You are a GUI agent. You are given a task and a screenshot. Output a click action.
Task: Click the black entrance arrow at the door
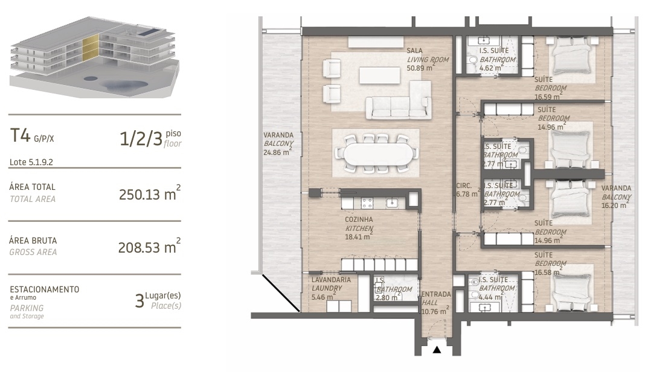coord(437,349)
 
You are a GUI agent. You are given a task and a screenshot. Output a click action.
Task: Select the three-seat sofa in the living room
coord(391,107)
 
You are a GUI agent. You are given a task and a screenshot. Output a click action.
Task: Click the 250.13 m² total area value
coord(150,194)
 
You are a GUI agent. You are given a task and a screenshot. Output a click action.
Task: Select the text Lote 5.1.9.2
coord(31,162)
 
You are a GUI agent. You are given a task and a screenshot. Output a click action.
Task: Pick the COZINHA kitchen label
coord(358,220)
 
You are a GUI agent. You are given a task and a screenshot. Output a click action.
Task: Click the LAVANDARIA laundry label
coord(331,280)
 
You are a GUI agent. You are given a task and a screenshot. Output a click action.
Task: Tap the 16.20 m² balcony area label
coord(615,205)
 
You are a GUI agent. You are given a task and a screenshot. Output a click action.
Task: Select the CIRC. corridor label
coord(464,186)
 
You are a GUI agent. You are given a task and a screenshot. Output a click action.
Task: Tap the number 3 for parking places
coord(139,299)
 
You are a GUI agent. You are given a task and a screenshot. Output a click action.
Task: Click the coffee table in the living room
coord(379,75)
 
